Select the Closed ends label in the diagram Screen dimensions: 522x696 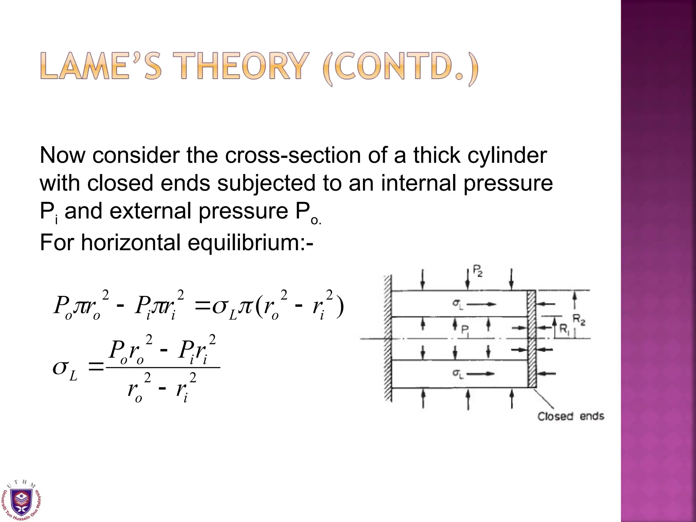point(571,416)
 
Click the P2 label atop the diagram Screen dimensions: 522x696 point(477,272)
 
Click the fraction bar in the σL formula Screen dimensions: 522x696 point(163,367)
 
